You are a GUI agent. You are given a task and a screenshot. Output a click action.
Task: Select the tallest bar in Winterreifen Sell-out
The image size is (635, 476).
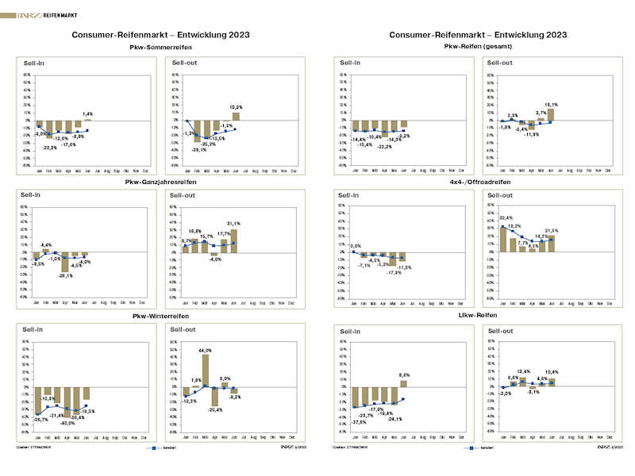[205, 371]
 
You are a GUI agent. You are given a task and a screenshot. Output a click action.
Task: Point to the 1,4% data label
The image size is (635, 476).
[87, 114]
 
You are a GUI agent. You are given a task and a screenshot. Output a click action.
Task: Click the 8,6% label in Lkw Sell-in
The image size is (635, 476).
[403, 374]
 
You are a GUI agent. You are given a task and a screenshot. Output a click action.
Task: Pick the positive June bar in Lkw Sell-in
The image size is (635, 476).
[403, 383]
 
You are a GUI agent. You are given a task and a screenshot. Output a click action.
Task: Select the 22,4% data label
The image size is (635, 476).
[505, 219]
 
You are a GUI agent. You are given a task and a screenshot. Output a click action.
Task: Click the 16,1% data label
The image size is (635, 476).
[551, 104]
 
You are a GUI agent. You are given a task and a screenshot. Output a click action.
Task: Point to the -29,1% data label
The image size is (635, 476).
[198, 149]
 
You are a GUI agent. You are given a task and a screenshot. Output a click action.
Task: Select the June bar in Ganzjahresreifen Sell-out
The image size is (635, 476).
[234, 240]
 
